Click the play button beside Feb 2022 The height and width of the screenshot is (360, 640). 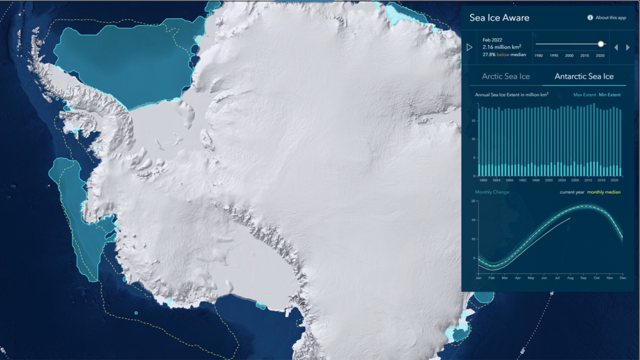point(469,48)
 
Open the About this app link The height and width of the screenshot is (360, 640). point(607,17)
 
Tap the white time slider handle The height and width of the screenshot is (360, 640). point(601,44)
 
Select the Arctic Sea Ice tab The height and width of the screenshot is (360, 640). point(506,76)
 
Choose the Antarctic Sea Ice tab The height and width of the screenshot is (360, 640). point(584,76)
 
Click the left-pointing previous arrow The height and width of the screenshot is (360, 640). point(616,48)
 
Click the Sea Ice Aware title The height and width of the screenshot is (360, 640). point(499,18)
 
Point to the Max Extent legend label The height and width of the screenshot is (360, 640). point(584,95)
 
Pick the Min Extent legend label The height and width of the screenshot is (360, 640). point(610,95)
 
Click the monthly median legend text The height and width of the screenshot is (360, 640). point(604,192)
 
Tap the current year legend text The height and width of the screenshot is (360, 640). point(572,192)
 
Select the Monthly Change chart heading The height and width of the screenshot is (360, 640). point(492,192)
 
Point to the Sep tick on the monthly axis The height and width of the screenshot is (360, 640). point(583,278)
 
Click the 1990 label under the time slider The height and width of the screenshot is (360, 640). point(554,56)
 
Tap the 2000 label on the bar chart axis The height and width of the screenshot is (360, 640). point(548,181)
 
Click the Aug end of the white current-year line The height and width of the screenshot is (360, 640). point(570,218)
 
